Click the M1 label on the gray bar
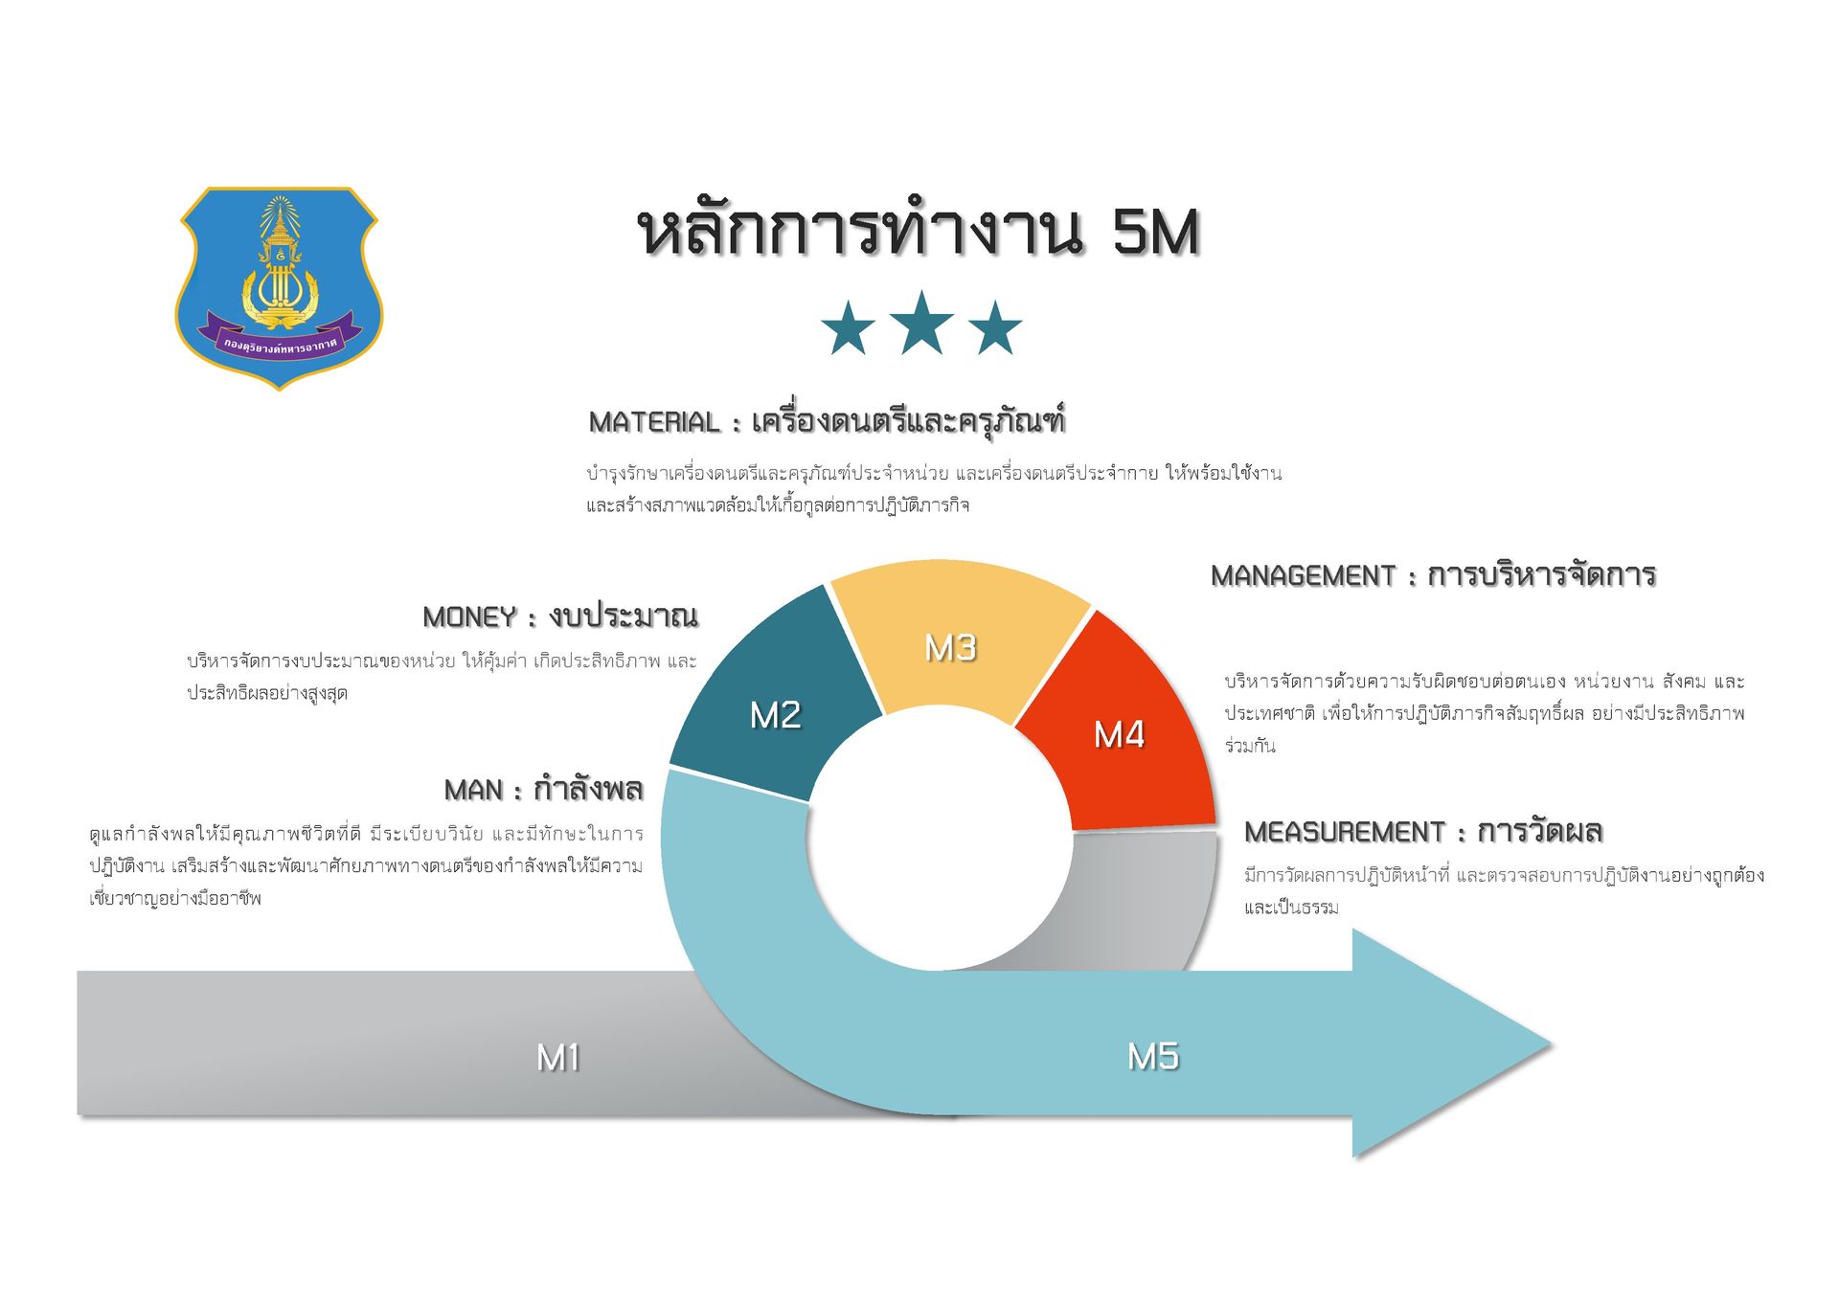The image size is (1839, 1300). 558,1058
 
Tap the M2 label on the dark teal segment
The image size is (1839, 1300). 775,715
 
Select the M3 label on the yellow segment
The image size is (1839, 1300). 950,648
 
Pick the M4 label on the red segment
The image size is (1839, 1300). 1119,734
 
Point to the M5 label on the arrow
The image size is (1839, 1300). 1153,1057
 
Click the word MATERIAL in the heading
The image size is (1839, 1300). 654,422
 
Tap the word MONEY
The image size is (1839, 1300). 469,617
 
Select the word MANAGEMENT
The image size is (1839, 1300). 1304,576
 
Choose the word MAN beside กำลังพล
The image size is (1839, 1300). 473,791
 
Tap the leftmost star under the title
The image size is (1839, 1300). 848,327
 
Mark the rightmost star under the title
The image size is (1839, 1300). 995,327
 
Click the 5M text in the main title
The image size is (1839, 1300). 1156,233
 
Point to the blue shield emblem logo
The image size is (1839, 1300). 279,288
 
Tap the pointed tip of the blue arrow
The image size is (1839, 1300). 1551,1043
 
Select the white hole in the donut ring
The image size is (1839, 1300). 939,839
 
